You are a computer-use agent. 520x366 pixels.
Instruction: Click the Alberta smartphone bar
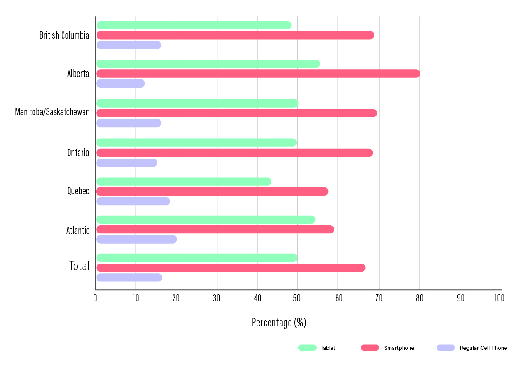click(x=258, y=74)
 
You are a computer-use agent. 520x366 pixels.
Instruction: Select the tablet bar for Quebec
click(x=183, y=182)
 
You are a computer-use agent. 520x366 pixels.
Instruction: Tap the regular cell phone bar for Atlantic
click(x=136, y=239)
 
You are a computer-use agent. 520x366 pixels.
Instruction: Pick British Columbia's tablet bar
click(x=194, y=26)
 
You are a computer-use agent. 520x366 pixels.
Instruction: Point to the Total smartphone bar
click(x=231, y=267)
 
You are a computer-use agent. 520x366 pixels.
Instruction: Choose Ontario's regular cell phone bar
click(x=126, y=163)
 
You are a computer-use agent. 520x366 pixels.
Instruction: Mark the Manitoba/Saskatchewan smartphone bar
click(x=236, y=113)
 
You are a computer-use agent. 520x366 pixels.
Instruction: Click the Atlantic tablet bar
click(x=206, y=219)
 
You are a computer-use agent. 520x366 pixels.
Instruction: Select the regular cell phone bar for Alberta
click(x=120, y=83)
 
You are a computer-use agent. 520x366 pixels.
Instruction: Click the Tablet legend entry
click(x=317, y=348)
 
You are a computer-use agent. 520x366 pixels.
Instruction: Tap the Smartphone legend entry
click(x=388, y=348)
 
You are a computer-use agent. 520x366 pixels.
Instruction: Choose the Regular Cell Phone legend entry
click(x=472, y=348)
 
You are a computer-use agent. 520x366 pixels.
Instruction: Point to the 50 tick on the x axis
click(x=297, y=298)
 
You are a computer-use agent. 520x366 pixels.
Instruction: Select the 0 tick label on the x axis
click(x=95, y=298)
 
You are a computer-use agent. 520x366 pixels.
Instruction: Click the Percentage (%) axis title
click(x=279, y=323)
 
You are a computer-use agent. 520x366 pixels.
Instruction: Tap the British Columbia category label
click(x=64, y=35)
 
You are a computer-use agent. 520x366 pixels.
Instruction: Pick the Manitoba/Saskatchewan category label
click(x=52, y=112)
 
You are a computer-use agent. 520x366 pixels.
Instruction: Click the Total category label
click(x=80, y=266)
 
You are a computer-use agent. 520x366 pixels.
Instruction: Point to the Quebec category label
click(x=78, y=191)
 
